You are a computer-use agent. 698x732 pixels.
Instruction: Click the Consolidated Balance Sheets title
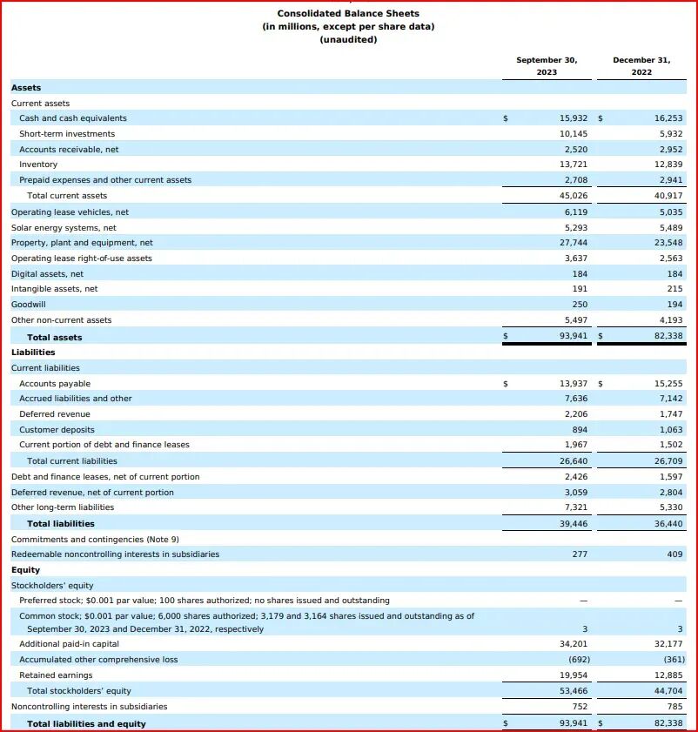348,13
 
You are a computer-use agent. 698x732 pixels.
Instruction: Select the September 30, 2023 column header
547,66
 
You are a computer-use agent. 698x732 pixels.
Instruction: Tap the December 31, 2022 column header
641,66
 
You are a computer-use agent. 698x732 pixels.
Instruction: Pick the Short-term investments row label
67,134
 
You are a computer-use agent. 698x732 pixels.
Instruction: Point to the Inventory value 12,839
668,165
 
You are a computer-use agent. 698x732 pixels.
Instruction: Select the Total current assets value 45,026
573,196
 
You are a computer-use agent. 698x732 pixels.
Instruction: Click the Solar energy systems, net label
64,228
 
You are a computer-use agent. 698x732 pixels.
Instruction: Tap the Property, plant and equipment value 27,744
573,243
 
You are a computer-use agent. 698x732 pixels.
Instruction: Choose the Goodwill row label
29,305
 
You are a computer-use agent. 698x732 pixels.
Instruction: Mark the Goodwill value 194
675,305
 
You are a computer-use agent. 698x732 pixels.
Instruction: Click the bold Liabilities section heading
33,353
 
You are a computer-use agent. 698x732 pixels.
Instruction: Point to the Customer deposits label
57,430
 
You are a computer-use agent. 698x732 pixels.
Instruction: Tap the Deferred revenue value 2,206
575,414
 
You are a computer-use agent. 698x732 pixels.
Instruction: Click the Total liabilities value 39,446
573,524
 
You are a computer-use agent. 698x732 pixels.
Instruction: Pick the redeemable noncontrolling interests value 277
580,554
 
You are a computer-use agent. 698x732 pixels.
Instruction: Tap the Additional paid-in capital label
70,644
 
